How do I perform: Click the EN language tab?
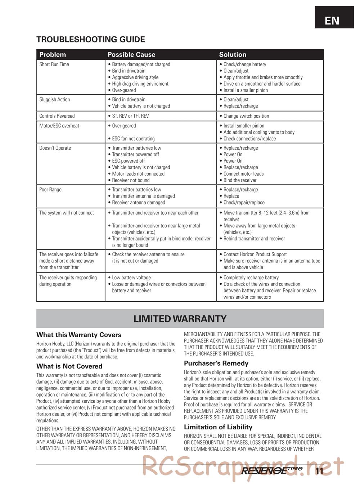coord(332,21)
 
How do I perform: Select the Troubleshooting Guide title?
coord(91,40)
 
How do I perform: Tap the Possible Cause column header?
coord(131,55)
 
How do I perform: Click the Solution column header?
coord(233,55)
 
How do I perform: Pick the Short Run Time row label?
coord(54,64)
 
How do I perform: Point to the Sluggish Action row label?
coord(54,100)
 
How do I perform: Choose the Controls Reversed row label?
coord(57,116)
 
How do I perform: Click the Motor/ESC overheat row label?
coord(59,126)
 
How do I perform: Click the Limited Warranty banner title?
coord(180,319)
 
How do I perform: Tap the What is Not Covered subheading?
coord(69,366)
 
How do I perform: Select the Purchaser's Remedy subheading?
coord(216,364)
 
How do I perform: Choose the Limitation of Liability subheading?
coord(218,427)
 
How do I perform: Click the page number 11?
coord(319,471)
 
